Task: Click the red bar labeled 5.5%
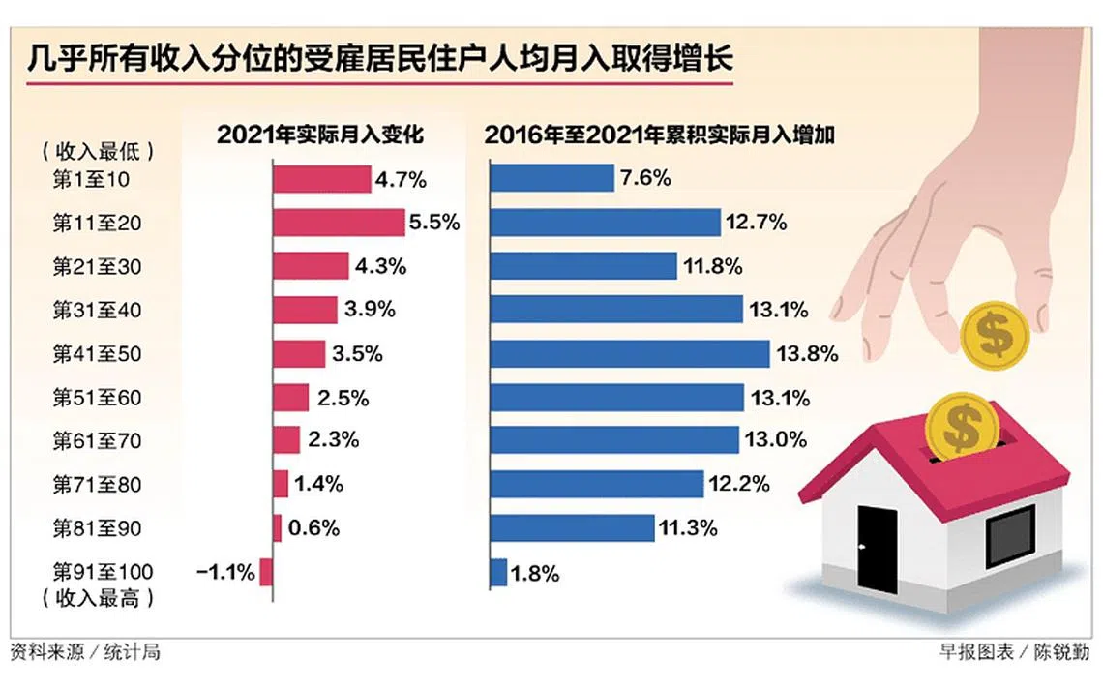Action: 338,223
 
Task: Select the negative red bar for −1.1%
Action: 266,573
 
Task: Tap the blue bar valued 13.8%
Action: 630,354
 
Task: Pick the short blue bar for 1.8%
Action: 498,573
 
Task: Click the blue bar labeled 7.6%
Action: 552,179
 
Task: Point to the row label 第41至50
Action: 97,354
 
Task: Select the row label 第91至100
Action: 103,573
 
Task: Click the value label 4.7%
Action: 402,179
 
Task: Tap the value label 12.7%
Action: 756,223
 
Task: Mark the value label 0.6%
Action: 313,528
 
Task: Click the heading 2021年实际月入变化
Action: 320,135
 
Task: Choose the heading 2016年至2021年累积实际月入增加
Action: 661,135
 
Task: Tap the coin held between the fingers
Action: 994,332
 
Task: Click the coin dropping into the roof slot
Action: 960,427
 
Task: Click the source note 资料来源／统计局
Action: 85,652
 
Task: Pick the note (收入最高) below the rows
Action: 98,598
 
